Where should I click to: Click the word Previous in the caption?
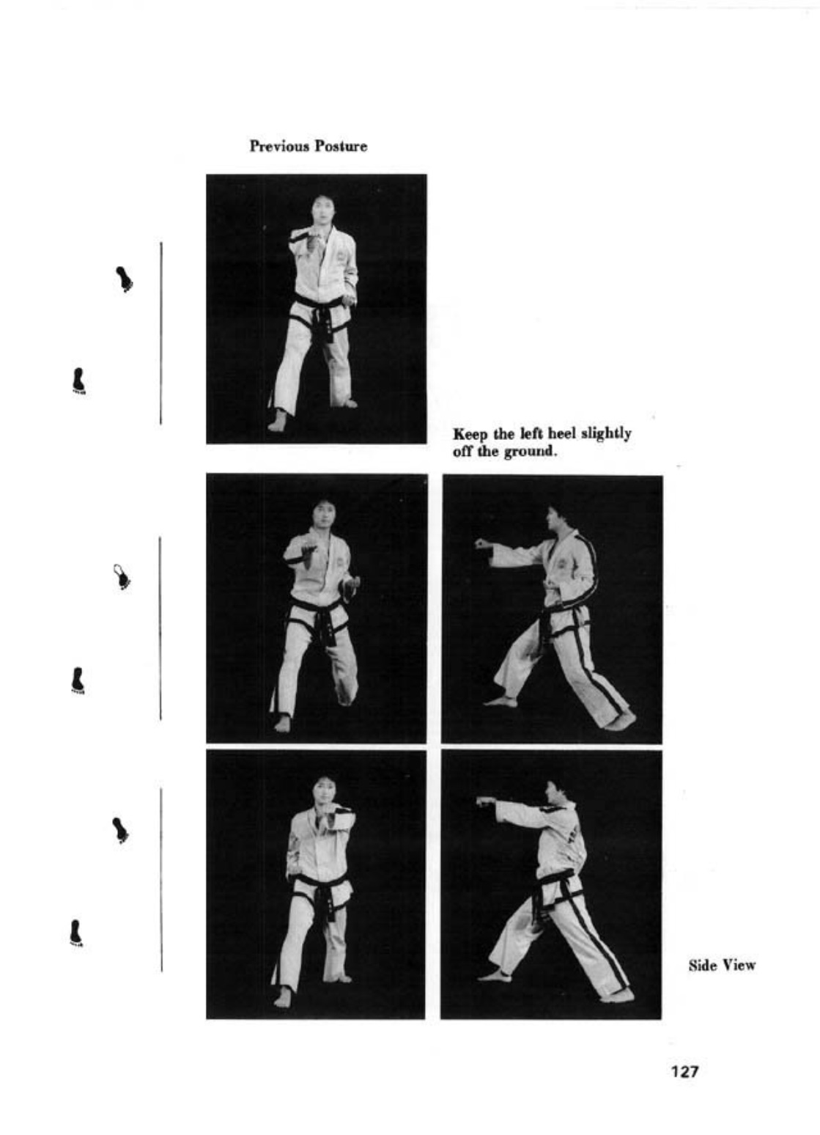tap(279, 147)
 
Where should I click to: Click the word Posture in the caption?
tap(340, 147)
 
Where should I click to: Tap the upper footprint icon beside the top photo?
tap(125, 279)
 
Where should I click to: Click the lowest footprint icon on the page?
tap(75, 933)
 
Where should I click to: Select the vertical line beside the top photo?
tap(161, 333)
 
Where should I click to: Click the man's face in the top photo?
tap(320, 210)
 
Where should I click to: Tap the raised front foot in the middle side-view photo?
tap(501, 701)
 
